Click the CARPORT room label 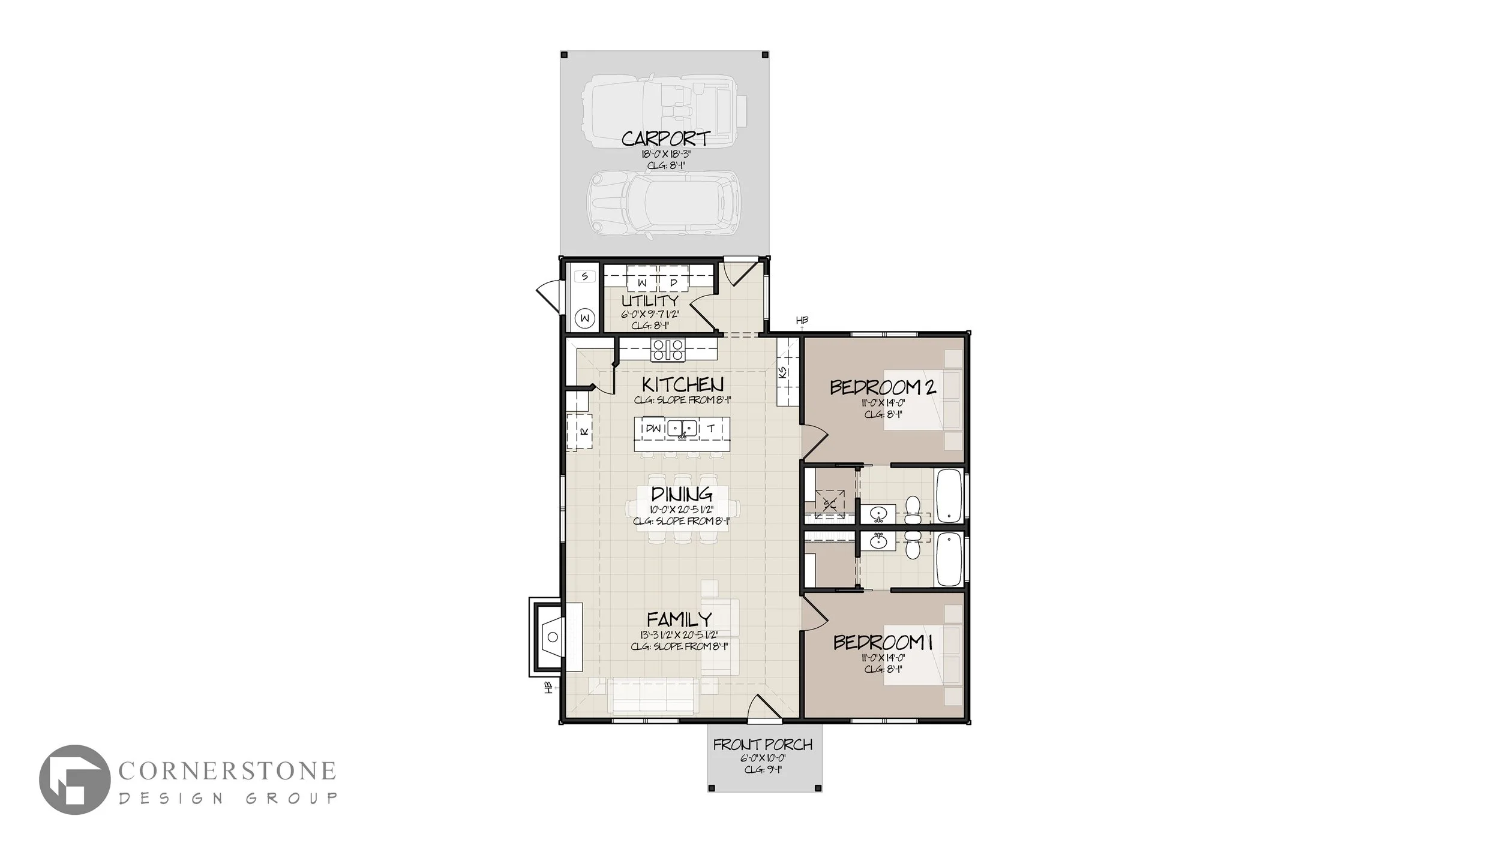665,139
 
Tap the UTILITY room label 650,300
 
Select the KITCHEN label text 683,384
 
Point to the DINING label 682,494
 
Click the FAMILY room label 679,619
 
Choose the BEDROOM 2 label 883,387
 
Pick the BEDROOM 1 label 883,643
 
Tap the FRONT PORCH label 763,745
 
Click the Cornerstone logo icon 74,779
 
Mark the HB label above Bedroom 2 802,320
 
